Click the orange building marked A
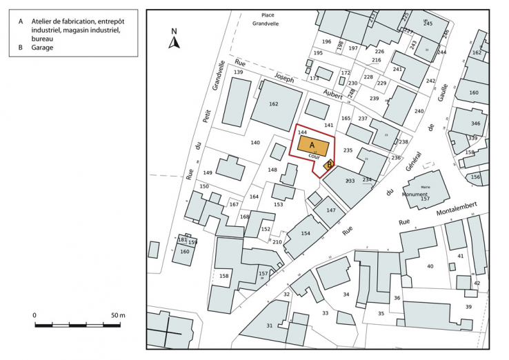(313, 146)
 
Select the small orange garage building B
(330, 164)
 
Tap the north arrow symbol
(174, 41)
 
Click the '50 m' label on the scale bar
(118, 315)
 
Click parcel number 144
(301, 131)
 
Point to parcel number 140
(255, 143)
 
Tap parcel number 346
(475, 123)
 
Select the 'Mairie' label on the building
(426, 186)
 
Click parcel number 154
(306, 234)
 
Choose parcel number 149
(208, 172)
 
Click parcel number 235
(348, 150)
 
